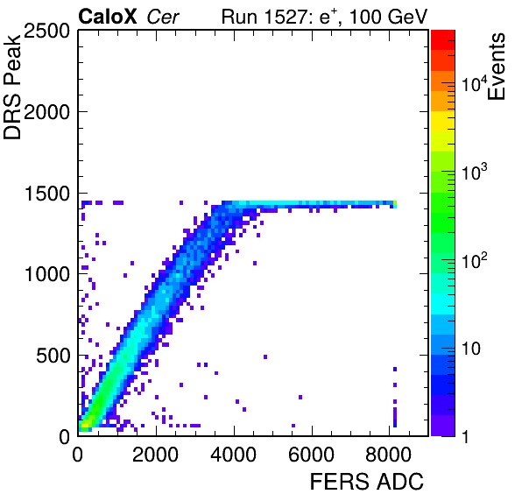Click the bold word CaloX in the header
(x=107, y=17)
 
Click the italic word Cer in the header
(x=163, y=18)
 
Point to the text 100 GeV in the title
(x=388, y=17)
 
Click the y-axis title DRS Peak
(x=12, y=87)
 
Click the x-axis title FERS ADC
(x=367, y=482)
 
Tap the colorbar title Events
(x=496, y=67)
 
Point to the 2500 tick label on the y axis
(x=46, y=31)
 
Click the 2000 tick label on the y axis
(x=46, y=112)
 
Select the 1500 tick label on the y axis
(x=47, y=194)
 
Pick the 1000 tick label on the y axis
(x=47, y=275)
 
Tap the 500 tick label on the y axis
(x=53, y=356)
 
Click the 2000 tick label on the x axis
(x=156, y=455)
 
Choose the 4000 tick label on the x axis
(x=233, y=455)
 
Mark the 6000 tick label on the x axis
(x=311, y=455)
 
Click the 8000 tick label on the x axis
(x=389, y=455)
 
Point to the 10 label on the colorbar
(x=470, y=349)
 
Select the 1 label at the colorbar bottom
(x=465, y=437)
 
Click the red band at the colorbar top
(x=443, y=40)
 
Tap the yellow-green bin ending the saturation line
(x=395, y=203)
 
